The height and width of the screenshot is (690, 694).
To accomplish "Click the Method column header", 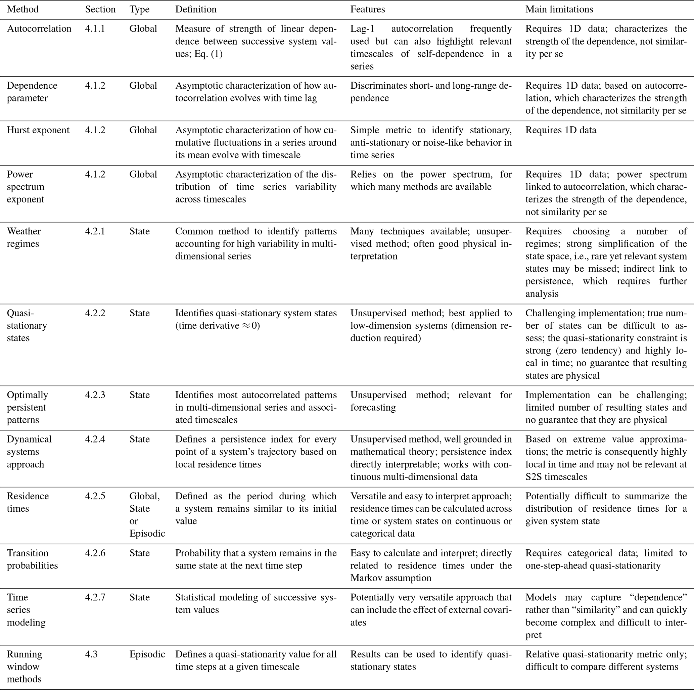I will [22, 9].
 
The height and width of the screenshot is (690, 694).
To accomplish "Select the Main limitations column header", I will [559, 9].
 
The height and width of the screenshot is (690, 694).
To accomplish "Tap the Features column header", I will [367, 9].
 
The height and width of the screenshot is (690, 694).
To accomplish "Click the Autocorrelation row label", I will [39, 29].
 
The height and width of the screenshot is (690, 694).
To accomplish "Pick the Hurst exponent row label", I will [38, 130].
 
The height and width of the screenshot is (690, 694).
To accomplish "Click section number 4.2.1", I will [95, 231].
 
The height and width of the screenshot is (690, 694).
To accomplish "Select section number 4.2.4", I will [95, 439].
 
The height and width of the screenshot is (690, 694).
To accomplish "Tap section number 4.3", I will [91, 654].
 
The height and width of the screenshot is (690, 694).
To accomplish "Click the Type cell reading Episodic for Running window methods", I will [147, 654].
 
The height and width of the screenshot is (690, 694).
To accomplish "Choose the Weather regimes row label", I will [24, 237].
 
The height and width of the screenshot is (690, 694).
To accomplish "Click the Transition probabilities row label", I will [32, 559].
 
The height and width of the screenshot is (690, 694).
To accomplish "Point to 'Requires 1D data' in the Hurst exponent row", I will [561, 130].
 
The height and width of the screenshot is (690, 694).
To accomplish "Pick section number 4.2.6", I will [95, 553].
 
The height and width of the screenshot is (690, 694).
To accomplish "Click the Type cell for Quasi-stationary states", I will [139, 313].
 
